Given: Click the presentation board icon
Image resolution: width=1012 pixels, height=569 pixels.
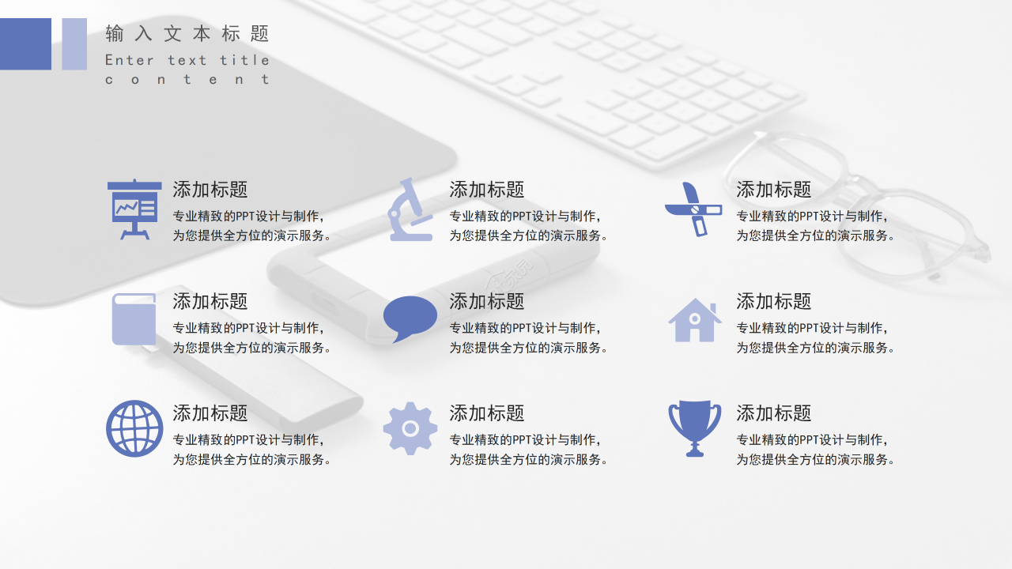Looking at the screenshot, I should pos(134,209).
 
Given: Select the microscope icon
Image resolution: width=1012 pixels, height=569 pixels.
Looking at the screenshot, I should pos(410,209).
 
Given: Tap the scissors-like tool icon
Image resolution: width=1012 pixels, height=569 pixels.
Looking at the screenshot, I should pos(693,209).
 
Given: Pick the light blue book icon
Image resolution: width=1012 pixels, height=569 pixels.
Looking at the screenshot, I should pos(134,319).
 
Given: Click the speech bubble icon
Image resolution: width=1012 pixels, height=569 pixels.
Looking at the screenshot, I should pos(410,318).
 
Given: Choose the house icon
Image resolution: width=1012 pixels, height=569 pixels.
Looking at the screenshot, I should pos(694,320).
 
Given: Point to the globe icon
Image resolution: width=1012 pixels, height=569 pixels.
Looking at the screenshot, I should pos(134,428).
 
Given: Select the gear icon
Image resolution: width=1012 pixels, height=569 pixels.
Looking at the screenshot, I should pos(410,428).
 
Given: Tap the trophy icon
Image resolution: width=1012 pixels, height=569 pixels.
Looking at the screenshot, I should pos(694,428).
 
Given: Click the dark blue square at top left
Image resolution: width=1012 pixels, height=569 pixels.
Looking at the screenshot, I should pos(25,44).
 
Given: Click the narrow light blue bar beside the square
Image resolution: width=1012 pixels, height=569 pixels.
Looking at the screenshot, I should pos(74,44).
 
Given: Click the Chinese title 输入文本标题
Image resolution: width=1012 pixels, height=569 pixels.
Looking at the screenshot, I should pos(187,34).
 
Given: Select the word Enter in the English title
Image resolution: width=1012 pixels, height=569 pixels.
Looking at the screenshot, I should pos(130,60).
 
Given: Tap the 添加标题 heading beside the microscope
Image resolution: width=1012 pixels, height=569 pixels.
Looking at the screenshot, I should pos(487,190).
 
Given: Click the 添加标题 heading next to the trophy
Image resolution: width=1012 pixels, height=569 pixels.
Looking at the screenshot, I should pos(774,413).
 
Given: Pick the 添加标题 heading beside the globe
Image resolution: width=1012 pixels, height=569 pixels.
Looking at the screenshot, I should pos(210,413).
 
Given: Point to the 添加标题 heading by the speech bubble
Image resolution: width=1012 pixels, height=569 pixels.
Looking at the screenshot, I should pos(487,302).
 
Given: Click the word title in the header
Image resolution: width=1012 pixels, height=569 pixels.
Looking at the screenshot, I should pos(244,60).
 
